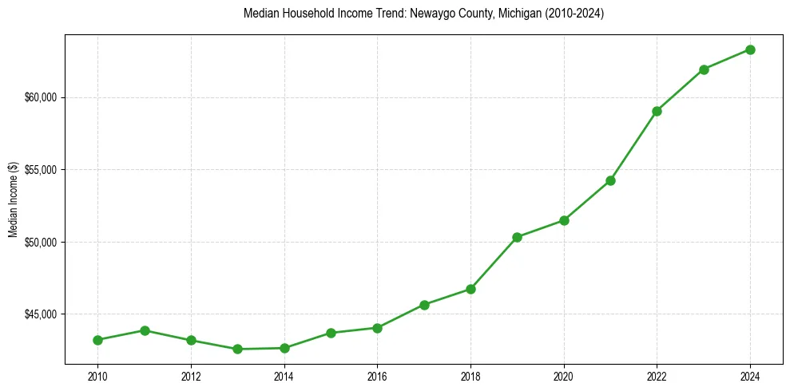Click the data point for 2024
pyautogui.click(x=750, y=49)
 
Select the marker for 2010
pyautogui.click(x=97, y=340)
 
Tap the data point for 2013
pyautogui.click(x=237, y=349)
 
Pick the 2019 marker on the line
pyautogui.click(x=517, y=237)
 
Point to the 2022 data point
pyautogui.click(x=657, y=111)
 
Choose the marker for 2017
pyautogui.click(x=424, y=305)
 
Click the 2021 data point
pyautogui.click(x=610, y=180)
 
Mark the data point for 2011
pyautogui.click(x=145, y=330)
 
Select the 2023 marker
pyautogui.click(x=704, y=69)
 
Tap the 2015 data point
pyautogui.click(x=331, y=333)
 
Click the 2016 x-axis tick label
pyautogui.click(x=377, y=375)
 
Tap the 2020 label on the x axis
pyautogui.click(x=564, y=375)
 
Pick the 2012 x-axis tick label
pyautogui.click(x=191, y=375)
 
